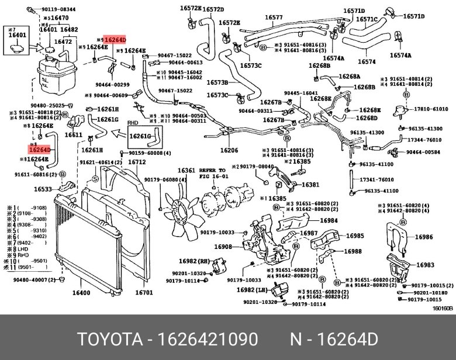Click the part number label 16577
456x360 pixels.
[x=274, y=18]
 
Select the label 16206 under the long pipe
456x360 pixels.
[x=229, y=150]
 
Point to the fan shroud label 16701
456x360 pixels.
[x=144, y=293]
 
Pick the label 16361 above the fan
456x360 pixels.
[x=186, y=171]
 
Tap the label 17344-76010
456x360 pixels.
[x=425, y=140]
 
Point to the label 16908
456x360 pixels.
[x=223, y=247]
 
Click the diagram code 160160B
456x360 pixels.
[x=443, y=308]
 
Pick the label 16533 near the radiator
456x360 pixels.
[x=43, y=189]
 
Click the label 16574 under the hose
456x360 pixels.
[x=366, y=61]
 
